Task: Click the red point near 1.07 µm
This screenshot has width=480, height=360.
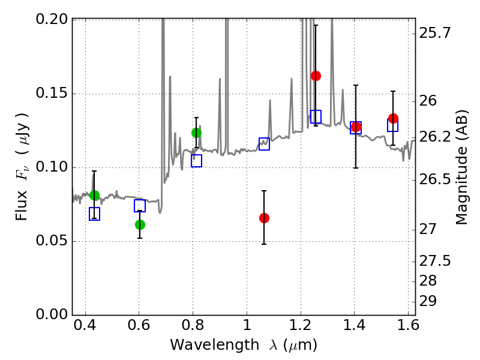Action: pyautogui.click(x=264, y=218)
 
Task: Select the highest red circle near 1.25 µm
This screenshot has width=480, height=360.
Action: pyautogui.click(x=316, y=76)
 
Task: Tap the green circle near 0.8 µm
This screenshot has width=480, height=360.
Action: pyautogui.click(x=196, y=133)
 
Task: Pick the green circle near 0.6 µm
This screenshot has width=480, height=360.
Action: pyautogui.click(x=140, y=224)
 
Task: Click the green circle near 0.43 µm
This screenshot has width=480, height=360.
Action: pyautogui.click(x=94, y=196)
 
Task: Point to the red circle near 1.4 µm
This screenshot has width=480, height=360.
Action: pyautogui.click(x=356, y=127)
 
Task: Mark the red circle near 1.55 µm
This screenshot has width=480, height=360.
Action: pyautogui.click(x=393, y=118)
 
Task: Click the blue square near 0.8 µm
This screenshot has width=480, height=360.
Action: pyautogui.click(x=197, y=161)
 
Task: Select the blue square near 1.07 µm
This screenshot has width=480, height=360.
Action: pyautogui.click(x=264, y=144)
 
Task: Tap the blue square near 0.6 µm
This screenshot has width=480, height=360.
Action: pyautogui.click(x=140, y=206)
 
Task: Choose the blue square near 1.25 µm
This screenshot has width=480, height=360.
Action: pyautogui.click(x=316, y=116)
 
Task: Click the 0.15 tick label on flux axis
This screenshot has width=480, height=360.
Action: pyautogui.click(x=52, y=93)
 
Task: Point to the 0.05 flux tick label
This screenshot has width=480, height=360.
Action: pyautogui.click(x=52, y=241)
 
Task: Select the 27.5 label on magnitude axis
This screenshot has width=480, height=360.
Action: pyautogui.click(x=434, y=261)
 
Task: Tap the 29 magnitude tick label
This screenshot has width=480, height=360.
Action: pyautogui.click(x=428, y=301)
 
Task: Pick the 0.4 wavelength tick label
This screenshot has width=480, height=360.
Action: pyautogui.click(x=85, y=325)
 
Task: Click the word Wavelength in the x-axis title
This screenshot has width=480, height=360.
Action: pyautogui.click(x=215, y=345)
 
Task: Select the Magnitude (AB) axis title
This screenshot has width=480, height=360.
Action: pyautogui.click(x=461, y=167)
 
